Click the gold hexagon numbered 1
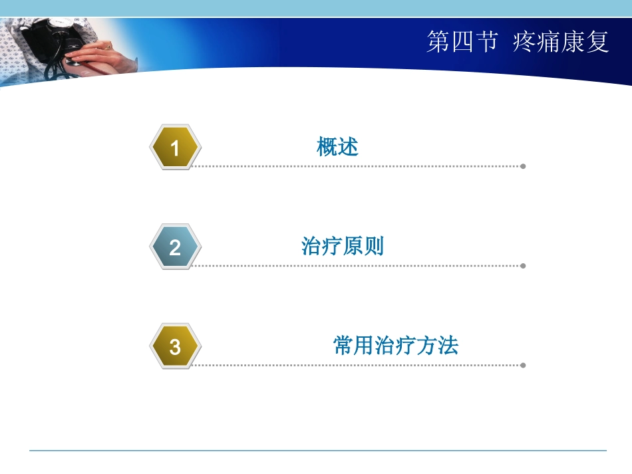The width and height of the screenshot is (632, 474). [x=175, y=147]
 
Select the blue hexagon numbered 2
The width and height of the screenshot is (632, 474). [x=175, y=247]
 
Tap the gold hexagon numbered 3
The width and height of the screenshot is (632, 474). [x=175, y=346]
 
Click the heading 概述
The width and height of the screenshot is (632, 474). [x=338, y=147]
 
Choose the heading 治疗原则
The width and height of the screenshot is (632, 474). [x=343, y=247]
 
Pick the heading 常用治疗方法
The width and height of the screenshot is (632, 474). [x=396, y=346]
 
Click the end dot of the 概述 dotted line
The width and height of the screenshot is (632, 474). [x=523, y=166]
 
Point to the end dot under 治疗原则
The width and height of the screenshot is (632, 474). [x=523, y=266]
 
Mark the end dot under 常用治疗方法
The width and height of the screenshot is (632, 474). [x=523, y=365]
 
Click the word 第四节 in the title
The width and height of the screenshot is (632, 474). [x=462, y=43]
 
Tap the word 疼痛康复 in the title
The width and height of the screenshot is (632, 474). [x=561, y=43]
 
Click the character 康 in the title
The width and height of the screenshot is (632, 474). [x=573, y=43]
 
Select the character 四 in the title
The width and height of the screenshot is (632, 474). [x=462, y=43]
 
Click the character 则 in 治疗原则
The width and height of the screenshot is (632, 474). [x=374, y=247]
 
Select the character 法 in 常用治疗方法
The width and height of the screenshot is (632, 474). [x=449, y=346]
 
